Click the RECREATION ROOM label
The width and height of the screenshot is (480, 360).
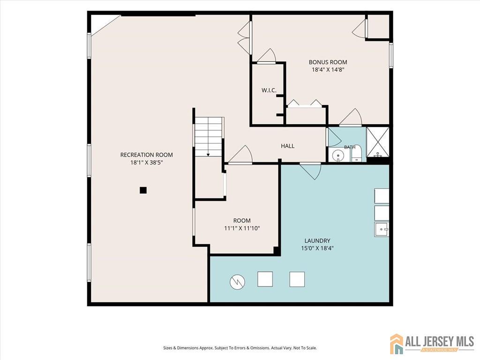click(146, 155)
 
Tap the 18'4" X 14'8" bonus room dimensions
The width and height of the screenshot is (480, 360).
click(328, 69)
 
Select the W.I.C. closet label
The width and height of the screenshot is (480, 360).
click(269, 90)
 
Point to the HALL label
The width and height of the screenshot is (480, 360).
click(288, 146)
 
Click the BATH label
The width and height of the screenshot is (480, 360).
click(350, 147)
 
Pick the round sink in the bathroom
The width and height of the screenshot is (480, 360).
click(338, 155)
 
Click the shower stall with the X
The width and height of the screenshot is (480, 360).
click(378, 142)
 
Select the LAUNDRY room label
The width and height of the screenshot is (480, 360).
click(317, 240)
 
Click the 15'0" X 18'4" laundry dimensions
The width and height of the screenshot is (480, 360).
click(317, 248)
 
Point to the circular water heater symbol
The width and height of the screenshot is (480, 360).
click(238, 282)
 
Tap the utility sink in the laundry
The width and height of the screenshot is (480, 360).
click(382, 229)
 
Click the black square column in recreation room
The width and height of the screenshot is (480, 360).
click(143, 190)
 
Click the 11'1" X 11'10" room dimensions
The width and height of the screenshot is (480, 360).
click(242, 228)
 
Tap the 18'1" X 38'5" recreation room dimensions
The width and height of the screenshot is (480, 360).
click(146, 163)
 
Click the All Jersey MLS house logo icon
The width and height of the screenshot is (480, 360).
click(397, 344)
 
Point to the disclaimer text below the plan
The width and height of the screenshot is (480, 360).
click(240, 348)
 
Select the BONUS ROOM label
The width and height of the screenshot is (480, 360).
click(328, 62)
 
